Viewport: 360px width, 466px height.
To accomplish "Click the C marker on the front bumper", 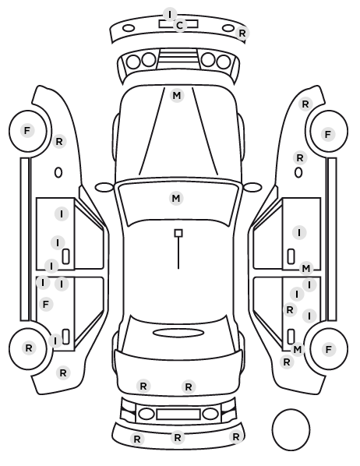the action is (179, 26).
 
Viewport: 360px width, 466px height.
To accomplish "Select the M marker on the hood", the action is (177, 96).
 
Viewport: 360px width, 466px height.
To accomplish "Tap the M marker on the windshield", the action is (176, 198).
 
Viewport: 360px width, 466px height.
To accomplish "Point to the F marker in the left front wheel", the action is (27, 130).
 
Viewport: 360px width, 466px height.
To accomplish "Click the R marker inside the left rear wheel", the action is (29, 348).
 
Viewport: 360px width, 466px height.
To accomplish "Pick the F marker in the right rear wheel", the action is (328, 349).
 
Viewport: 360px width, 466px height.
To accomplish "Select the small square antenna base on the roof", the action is (178, 233).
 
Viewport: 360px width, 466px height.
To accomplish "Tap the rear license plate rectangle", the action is (178, 414).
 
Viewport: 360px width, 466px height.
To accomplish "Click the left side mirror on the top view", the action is (104, 188).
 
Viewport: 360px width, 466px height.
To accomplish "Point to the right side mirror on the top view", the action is (252, 187).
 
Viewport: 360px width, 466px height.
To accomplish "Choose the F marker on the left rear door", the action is (46, 305).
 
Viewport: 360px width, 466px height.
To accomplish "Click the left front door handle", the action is (65, 256).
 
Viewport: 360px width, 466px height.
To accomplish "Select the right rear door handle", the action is (291, 337).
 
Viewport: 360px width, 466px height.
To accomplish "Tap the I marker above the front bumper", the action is (170, 14).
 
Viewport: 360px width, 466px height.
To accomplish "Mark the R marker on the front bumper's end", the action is (242, 33).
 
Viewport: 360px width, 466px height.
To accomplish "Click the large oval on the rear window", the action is (178, 333).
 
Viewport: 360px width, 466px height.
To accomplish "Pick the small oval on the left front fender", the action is (58, 173).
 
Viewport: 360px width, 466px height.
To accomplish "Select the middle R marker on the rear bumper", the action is (178, 437).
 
